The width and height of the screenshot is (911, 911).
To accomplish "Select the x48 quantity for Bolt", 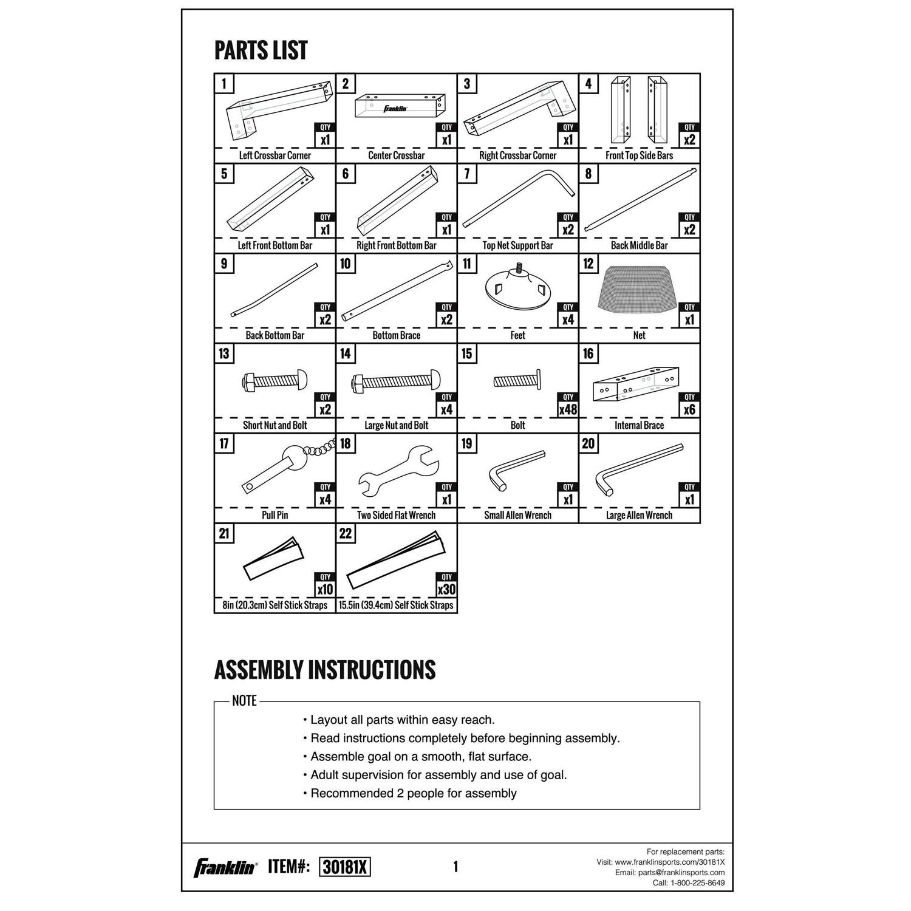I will pos(568,409).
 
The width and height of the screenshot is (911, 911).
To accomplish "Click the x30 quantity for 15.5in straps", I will pos(446,589).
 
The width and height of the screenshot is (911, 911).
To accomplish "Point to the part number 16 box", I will pos(589,353).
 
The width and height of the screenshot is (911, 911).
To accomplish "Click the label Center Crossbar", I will pos(396,155).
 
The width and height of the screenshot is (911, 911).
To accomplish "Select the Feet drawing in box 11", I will pos(517,292).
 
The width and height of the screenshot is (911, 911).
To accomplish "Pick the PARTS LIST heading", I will pos(261,50).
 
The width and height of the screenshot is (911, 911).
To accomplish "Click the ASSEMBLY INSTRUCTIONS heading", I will pos(325,669).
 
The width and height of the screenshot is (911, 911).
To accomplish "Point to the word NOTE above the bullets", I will pos(244,701).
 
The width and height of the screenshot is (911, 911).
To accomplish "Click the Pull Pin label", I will pos(275,515).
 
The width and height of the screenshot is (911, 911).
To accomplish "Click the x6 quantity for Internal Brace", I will pos(689,409).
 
